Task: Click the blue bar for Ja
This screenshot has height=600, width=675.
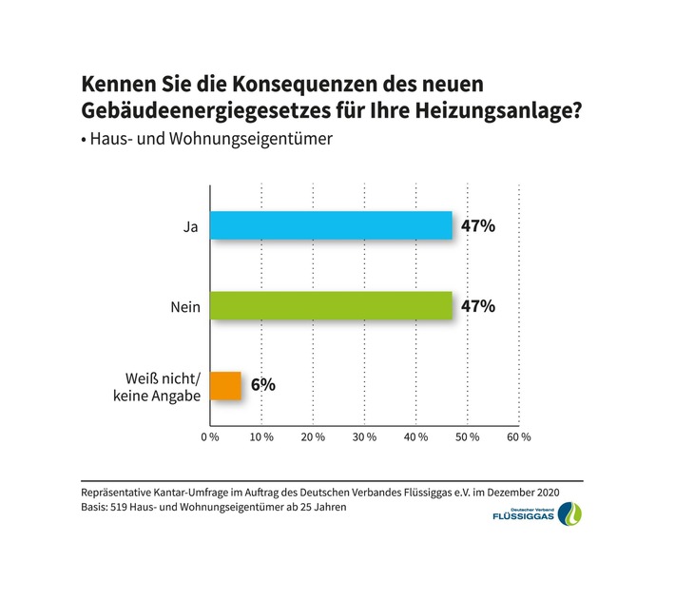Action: click(331, 225)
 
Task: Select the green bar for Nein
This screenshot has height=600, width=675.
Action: click(331, 305)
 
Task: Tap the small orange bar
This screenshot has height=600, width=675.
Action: click(225, 385)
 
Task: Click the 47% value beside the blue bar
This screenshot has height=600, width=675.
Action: click(478, 226)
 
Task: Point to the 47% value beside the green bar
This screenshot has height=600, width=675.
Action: click(478, 306)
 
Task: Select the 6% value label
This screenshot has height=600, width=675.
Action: click(263, 385)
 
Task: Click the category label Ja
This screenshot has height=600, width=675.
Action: click(191, 226)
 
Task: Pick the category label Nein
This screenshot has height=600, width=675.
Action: click(184, 306)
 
